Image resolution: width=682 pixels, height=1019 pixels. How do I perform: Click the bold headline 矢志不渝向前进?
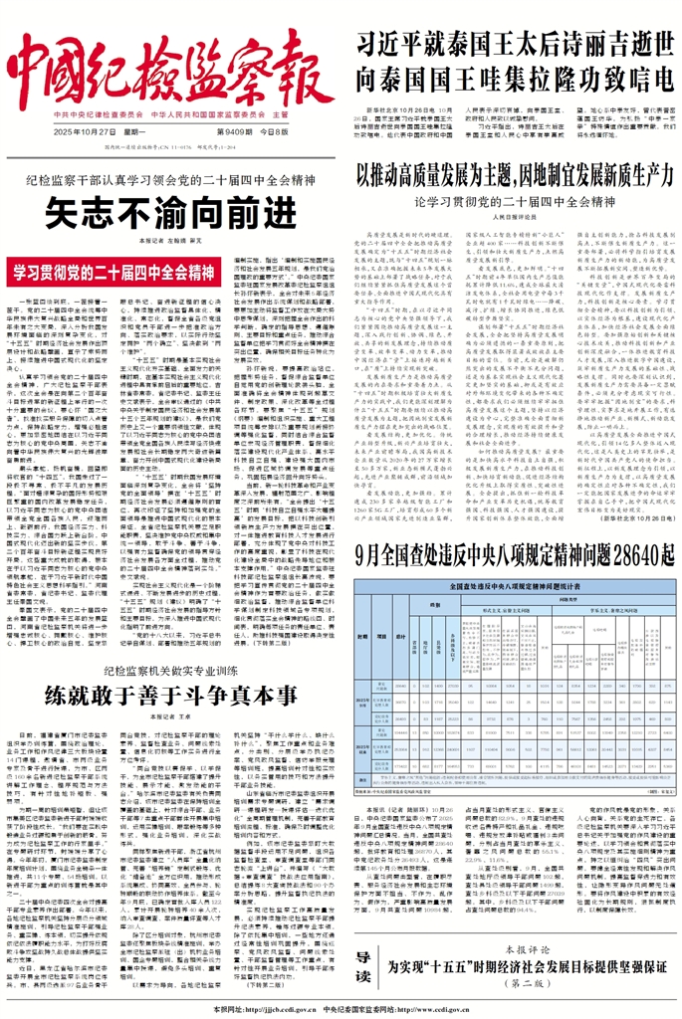tap(171, 212)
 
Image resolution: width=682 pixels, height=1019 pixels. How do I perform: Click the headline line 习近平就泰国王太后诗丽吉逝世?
tap(514, 44)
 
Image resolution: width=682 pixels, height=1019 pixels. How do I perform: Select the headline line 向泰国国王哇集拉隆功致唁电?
tap(514, 78)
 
